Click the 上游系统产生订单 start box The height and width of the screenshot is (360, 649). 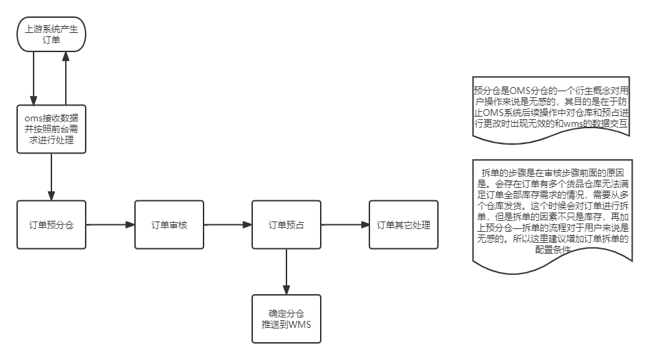[x=51, y=35]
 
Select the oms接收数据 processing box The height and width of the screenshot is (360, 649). [x=51, y=129]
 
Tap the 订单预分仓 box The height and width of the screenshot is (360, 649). [x=51, y=225]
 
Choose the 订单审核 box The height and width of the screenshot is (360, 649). [x=169, y=225]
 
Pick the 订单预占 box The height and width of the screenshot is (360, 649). [x=286, y=225]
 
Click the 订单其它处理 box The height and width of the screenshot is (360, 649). [x=404, y=225]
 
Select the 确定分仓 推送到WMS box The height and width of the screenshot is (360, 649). [x=286, y=319]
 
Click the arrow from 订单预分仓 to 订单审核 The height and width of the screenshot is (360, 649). [x=110, y=225]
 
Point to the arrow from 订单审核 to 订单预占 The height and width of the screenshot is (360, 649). [x=228, y=225]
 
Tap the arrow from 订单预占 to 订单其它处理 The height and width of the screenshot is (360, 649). [x=345, y=225]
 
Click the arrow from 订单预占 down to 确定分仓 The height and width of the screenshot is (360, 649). [x=286, y=272]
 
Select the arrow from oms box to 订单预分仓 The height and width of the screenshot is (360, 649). [x=51, y=176]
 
